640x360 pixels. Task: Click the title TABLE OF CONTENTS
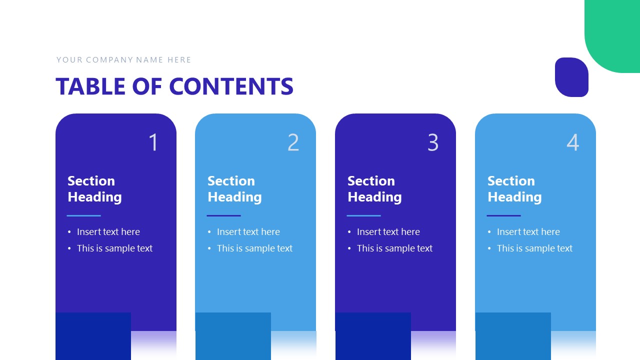[x=174, y=86]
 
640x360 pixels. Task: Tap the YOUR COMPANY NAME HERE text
[x=123, y=60]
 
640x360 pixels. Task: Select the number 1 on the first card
[x=153, y=142]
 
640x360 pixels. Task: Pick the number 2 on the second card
[x=293, y=142]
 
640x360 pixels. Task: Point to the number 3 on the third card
[x=433, y=142]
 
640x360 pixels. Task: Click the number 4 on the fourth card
[x=573, y=142]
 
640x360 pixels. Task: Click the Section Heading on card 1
[x=94, y=189]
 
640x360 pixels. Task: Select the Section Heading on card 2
[x=234, y=189]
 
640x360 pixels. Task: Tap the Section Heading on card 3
[x=374, y=189]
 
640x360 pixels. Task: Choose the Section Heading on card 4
[x=514, y=189]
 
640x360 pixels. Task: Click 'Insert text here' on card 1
[x=108, y=232]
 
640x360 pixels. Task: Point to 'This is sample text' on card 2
[x=254, y=248]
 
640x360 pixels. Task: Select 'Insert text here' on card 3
[x=388, y=232]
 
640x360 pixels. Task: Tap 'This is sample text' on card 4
[x=534, y=248]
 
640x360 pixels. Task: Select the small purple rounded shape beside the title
[x=571, y=77]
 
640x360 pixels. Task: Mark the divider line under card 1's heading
[x=84, y=216]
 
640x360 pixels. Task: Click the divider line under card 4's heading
[x=503, y=216]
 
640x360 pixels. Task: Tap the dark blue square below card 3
[x=373, y=336]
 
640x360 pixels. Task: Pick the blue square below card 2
[x=233, y=336]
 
